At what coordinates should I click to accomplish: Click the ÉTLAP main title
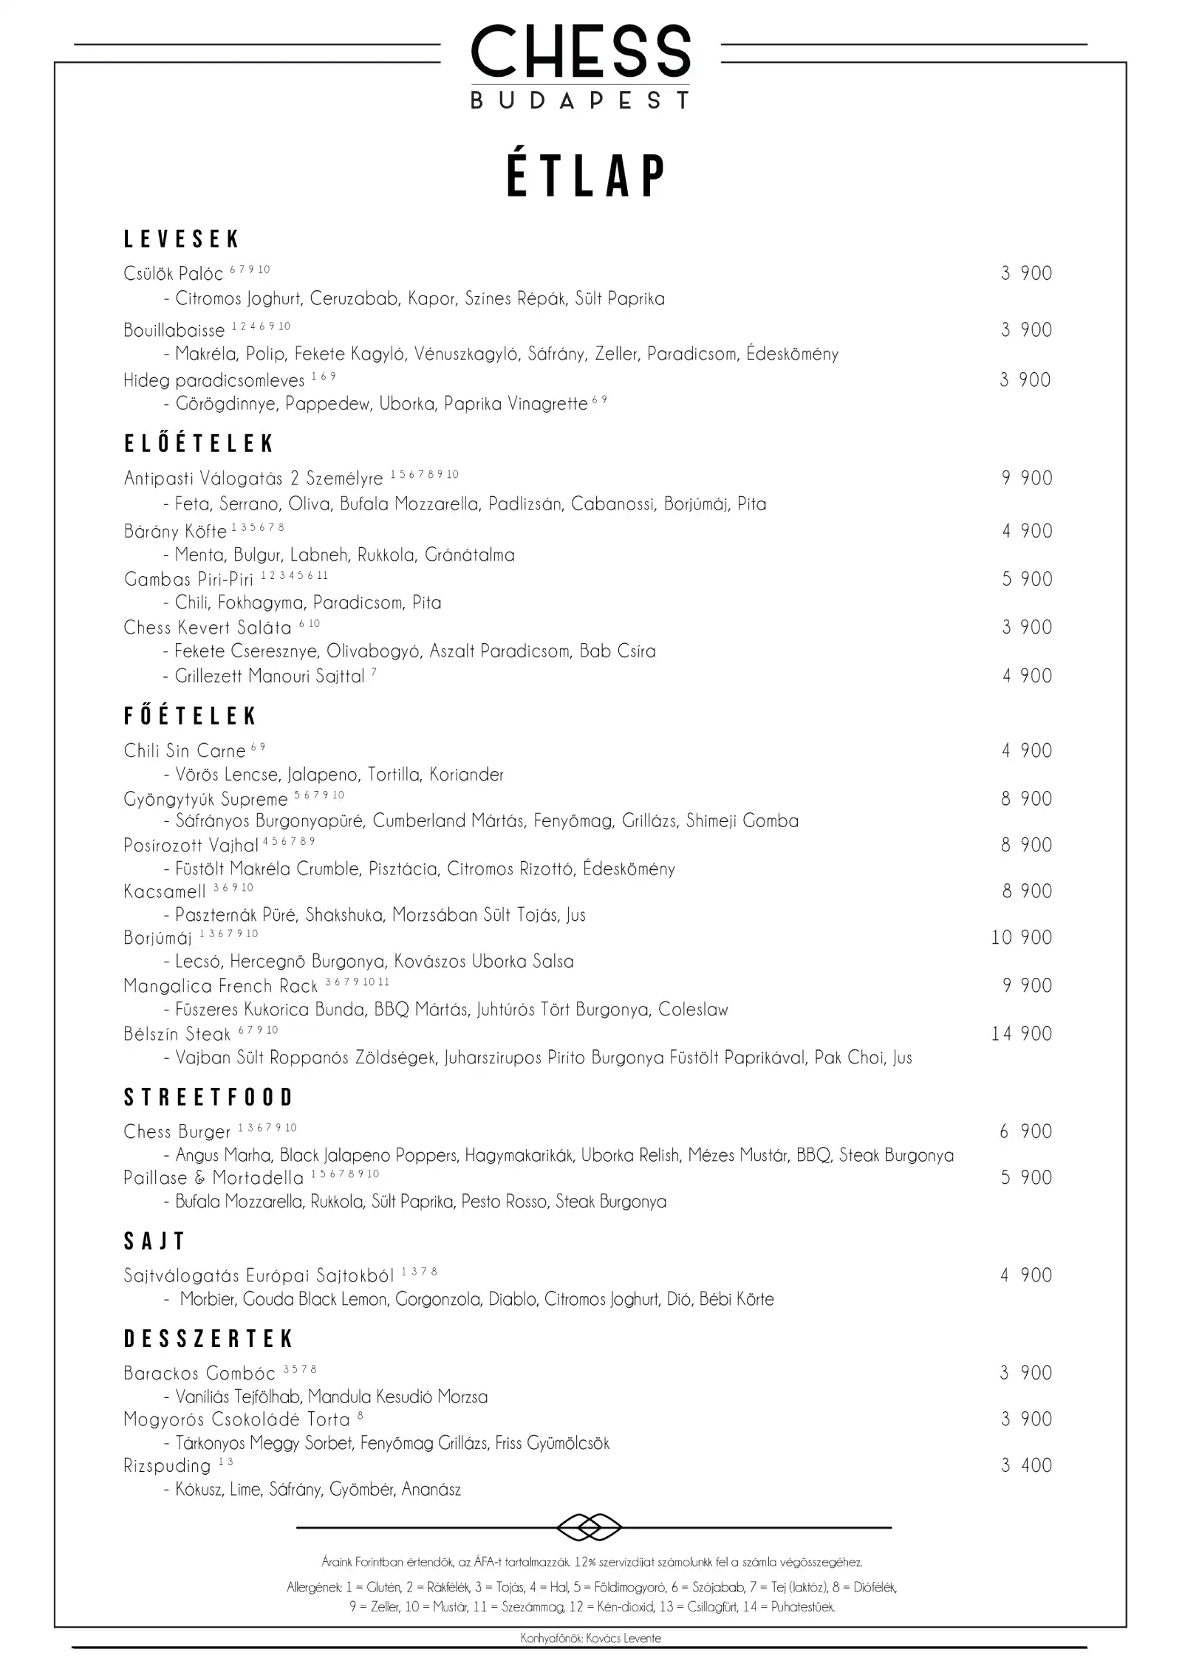587,177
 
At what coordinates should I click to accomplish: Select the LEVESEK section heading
182,239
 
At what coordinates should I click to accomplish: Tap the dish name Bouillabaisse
174,330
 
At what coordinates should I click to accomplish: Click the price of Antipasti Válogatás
1027,479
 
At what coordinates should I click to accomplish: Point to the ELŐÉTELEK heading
199,443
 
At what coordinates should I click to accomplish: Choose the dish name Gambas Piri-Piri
188,579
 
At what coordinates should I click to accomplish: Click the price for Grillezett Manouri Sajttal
1027,676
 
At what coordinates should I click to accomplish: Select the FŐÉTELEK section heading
190,716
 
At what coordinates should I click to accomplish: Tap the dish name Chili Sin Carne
184,751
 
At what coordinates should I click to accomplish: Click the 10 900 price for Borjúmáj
1022,938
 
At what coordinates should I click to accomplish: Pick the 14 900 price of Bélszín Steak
1022,1034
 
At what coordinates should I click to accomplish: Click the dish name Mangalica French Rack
220,986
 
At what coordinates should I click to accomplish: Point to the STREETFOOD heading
208,1097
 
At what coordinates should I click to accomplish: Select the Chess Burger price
1026,1131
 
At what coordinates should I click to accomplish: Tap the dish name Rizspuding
167,1466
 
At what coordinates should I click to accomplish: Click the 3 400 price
1026,1465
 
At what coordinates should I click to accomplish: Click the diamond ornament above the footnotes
589,1527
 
